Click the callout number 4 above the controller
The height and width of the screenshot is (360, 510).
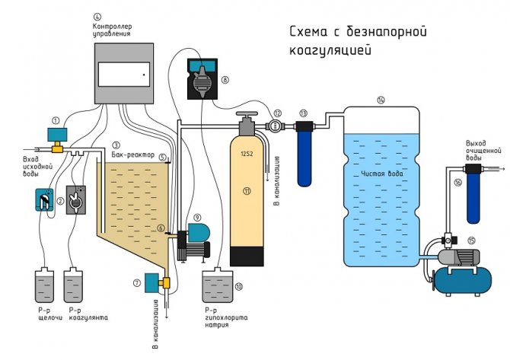coord(97,16)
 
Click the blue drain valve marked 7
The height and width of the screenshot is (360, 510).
coord(151,282)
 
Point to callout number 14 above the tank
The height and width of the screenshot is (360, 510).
coord(381,100)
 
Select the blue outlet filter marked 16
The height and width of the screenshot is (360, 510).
coord(473,196)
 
